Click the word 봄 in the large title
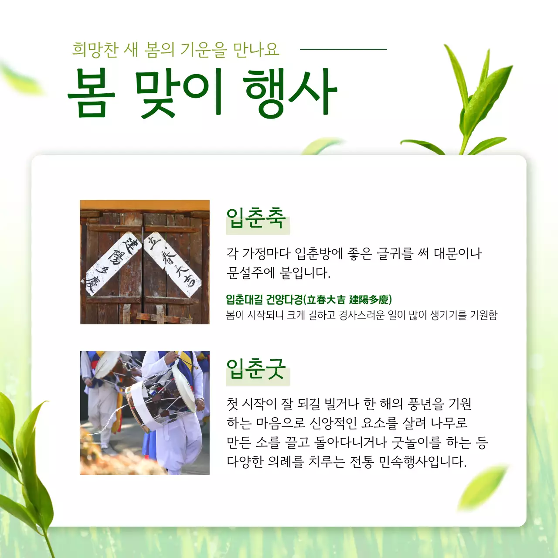point(92,93)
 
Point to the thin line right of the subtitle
point(343,50)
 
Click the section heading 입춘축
point(256,218)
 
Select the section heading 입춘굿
point(256,370)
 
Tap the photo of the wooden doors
point(145,262)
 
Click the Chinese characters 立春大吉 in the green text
point(326,300)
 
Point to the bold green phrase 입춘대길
point(244,300)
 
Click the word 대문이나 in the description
point(458,253)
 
